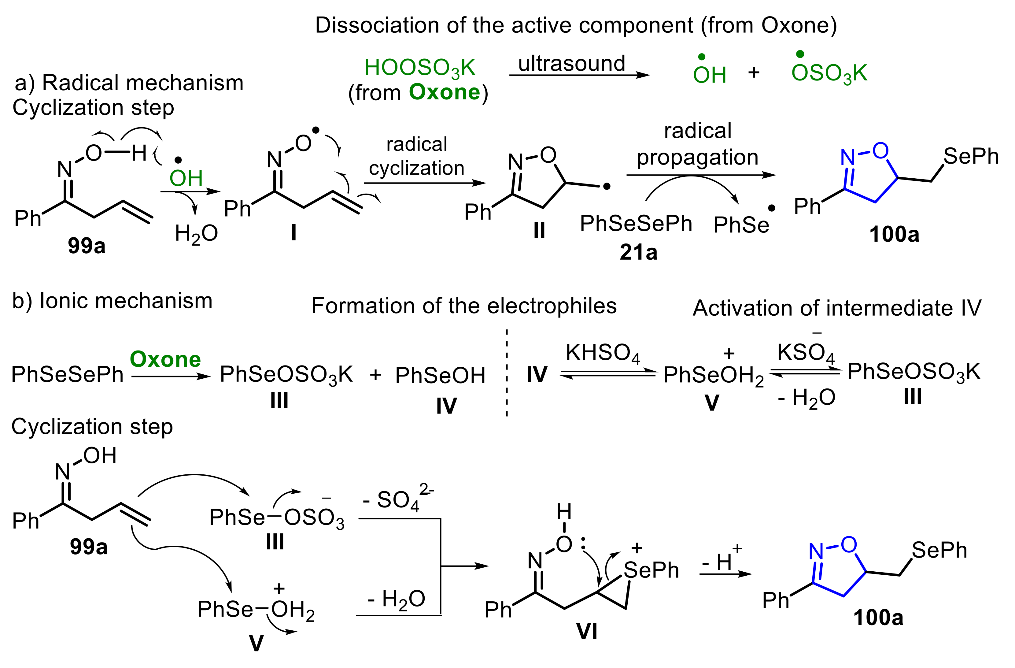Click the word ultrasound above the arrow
(x=571, y=64)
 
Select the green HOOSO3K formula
(x=420, y=68)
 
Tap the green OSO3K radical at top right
(x=829, y=73)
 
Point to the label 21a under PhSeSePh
(x=638, y=253)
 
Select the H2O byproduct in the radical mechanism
(x=196, y=234)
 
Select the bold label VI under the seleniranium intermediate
(x=587, y=631)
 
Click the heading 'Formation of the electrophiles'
(x=464, y=306)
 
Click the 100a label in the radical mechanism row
(x=894, y=235)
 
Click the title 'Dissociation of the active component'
(x=576, y=26)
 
